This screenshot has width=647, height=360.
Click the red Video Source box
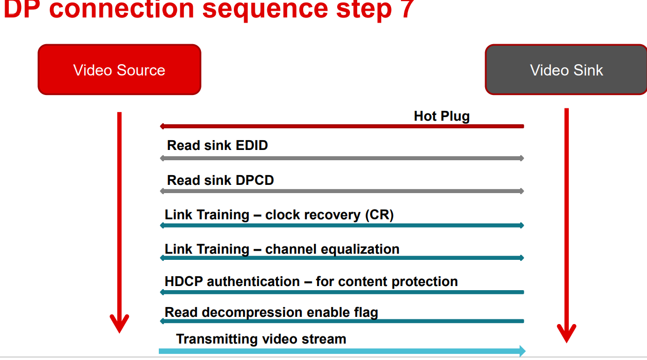tap(119, 70)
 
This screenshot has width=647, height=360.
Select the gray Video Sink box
tap(566, 70)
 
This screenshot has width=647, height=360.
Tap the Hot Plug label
tap(441, 116)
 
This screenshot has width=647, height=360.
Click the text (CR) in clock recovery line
tap(379, 215)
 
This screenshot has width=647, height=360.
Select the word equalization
tap(358, 249)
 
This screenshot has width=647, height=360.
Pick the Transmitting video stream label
tap(261, 339)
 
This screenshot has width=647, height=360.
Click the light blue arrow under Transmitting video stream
tap(342, 351)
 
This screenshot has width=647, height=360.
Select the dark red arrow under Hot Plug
tap(342, 126)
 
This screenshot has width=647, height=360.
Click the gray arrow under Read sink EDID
tap(342, 158)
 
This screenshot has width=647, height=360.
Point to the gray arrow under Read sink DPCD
tap(342, 191)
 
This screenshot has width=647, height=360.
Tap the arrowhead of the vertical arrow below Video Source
tap(119, 325)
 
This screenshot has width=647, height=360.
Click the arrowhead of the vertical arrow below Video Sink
tap(566, 334)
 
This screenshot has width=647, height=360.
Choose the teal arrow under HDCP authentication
tap(342, 292)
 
